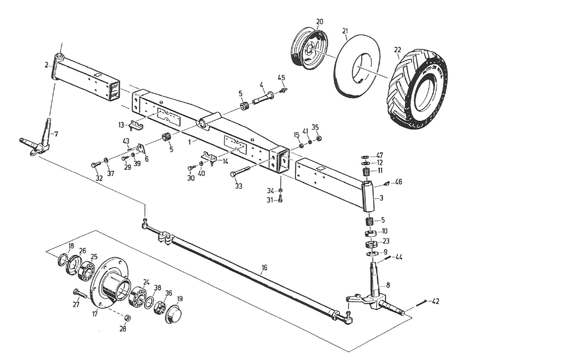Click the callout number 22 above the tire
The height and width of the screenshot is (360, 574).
coord(397,49)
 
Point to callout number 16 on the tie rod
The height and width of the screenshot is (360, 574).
coord(264,268)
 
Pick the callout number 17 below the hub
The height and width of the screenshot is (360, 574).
coord(95,315)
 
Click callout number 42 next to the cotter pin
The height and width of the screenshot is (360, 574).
coord(435,302)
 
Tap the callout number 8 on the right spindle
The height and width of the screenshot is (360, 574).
coord(388,286)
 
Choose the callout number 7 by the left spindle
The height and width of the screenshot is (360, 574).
coord(56,134)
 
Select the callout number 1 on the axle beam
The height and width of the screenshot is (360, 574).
coord(189,142)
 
